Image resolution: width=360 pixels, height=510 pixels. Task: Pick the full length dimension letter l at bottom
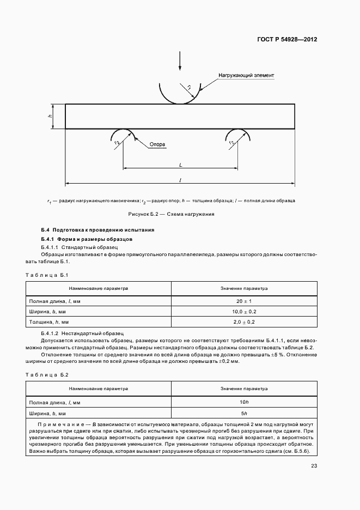point(180,179)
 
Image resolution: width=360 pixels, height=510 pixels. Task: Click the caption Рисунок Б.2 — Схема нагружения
point(171,214)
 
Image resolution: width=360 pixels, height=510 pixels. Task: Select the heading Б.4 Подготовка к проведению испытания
point(97,230)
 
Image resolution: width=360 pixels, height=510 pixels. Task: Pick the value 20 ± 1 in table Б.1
point(244,301)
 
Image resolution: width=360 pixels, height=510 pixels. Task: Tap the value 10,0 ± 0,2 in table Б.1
point(244,311)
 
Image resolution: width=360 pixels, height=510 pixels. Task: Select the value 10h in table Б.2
point(244,402)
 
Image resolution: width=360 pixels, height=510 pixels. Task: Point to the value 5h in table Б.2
point(244,412)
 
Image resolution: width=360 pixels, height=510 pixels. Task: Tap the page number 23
point(314,465)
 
